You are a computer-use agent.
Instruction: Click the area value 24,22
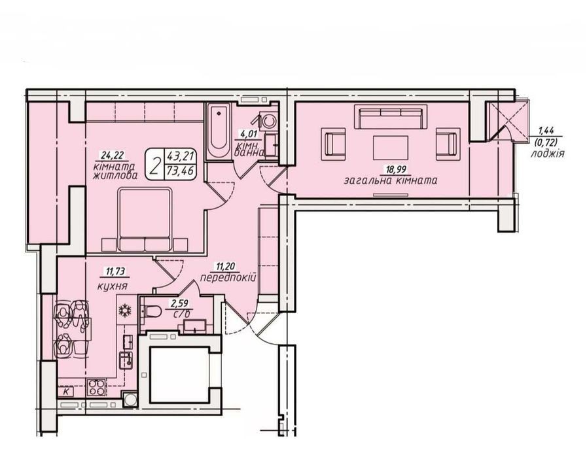click(x=111, y=155)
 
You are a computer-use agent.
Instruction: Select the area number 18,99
click(x=396, y=170)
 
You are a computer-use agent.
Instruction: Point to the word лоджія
click(x=548, y=154)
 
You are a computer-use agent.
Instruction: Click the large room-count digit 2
click(x=155, y=165)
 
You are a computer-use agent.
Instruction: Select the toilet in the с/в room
click(x=151, y=311)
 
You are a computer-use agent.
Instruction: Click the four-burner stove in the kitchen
click(x=96, y=388)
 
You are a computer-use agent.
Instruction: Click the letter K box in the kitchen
click(x=66, y=392)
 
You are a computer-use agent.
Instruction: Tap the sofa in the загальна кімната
click(x=391, y=116)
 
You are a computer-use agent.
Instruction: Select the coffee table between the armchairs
click(x=391, y=147)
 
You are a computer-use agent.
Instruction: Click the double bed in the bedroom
click(x=145, y=219)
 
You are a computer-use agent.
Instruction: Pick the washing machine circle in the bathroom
click(x=269, y=120)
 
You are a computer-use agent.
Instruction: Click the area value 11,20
click(x=225, y=267)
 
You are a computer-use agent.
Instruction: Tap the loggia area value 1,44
click(x=546, y=131)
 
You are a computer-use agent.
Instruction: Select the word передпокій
click(x=228, y=278)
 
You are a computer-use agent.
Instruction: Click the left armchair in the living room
click(x=334, y=144)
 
